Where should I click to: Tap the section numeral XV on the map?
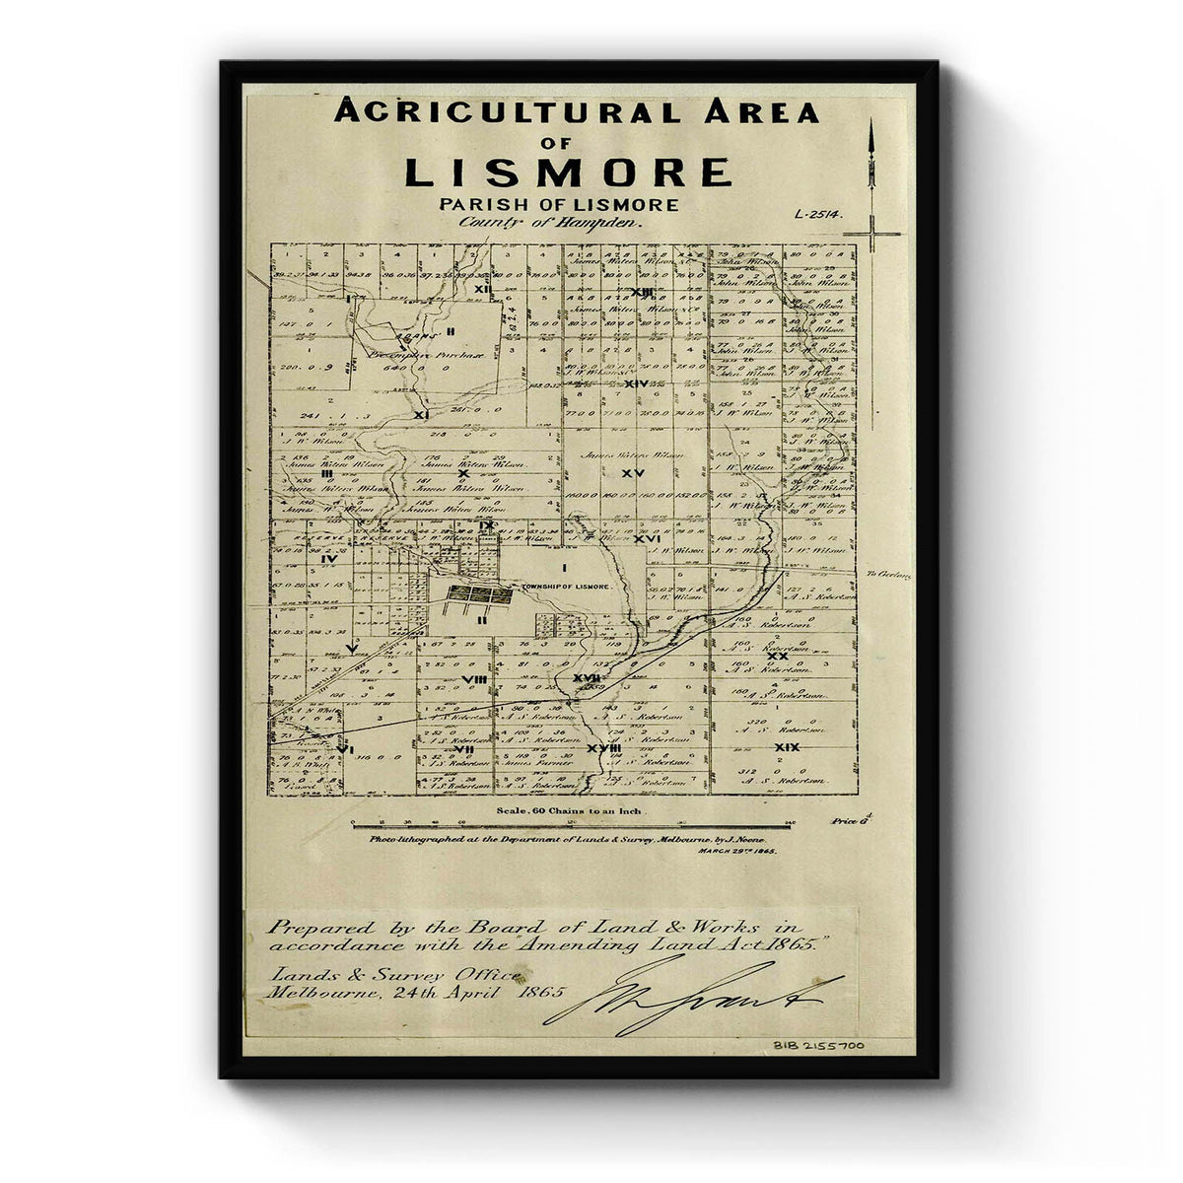(640, 473)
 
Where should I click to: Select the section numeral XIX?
(787, 747)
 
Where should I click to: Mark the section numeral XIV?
(636, 383)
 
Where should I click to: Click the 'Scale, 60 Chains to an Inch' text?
(562, 810)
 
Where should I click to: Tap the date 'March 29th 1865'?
(736, 849)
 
